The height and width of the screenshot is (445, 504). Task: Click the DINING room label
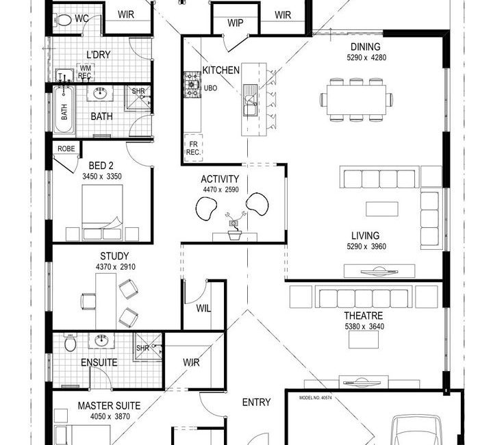tap(365, 47)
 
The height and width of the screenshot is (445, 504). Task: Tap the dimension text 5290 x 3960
tap(366, 246)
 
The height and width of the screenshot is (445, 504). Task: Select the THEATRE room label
tap(363, 316)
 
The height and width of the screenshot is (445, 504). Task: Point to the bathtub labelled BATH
tap(64, 110)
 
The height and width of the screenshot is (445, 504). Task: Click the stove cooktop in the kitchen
tap(192, 84)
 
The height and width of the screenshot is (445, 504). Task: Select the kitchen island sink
tap(250, 100)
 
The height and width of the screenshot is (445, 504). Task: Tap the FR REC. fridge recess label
tap(193, 148)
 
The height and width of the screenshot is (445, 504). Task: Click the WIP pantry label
tap(235, 23)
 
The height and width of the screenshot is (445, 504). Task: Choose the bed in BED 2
tap(102, 212)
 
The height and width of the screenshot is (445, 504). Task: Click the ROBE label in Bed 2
tap(66, 149)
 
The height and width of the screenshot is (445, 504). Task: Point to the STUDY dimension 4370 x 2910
tap(116, 267)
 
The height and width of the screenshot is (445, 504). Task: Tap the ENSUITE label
tap(99, 362)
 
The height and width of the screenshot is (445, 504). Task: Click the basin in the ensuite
tap(101, 340)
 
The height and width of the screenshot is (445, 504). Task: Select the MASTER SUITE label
tap(109, 406)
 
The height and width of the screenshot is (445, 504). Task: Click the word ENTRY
tap(256, 403)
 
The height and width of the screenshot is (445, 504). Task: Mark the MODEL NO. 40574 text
tap(315, 398)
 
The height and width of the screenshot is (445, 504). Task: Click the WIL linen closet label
tap(203, 309)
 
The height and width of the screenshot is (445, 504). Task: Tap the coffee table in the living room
tap(382, 209)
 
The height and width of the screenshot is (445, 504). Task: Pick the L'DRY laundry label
tap(99, 55)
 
